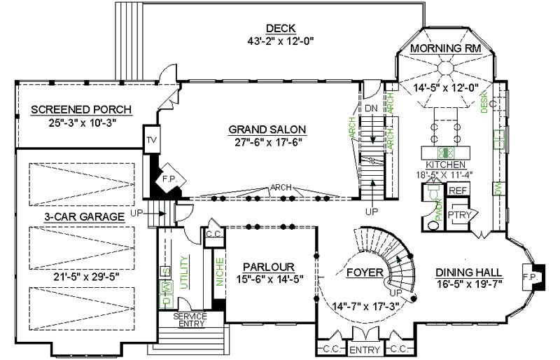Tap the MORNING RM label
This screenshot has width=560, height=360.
[444, 48]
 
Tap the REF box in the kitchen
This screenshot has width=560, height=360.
[457, 191]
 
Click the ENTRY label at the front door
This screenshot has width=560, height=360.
[364, 349]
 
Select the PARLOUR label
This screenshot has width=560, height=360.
[269, 267]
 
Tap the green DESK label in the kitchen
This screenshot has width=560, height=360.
[484, 104]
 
